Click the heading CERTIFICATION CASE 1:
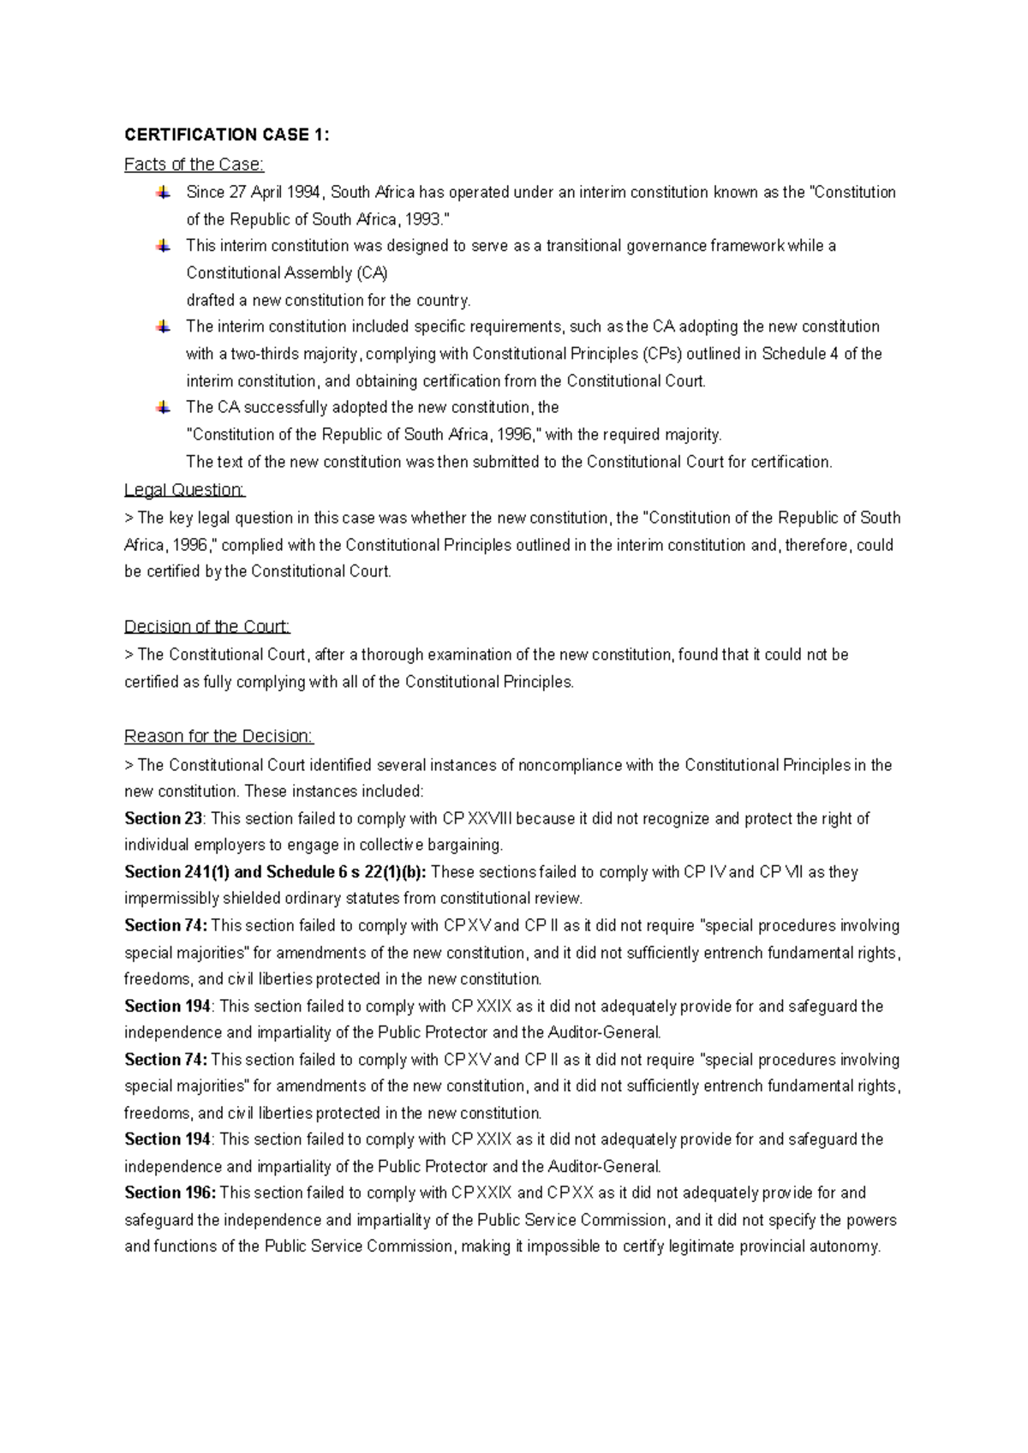(226, 135)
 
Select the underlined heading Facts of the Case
(194, 164)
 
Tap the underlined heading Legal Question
(184, 490)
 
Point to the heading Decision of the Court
(207, 626)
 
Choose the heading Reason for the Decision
(219, 736)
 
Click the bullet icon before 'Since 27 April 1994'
(163, 193)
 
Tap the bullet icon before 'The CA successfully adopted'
(163, 408)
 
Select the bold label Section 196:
(170, 1193)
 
